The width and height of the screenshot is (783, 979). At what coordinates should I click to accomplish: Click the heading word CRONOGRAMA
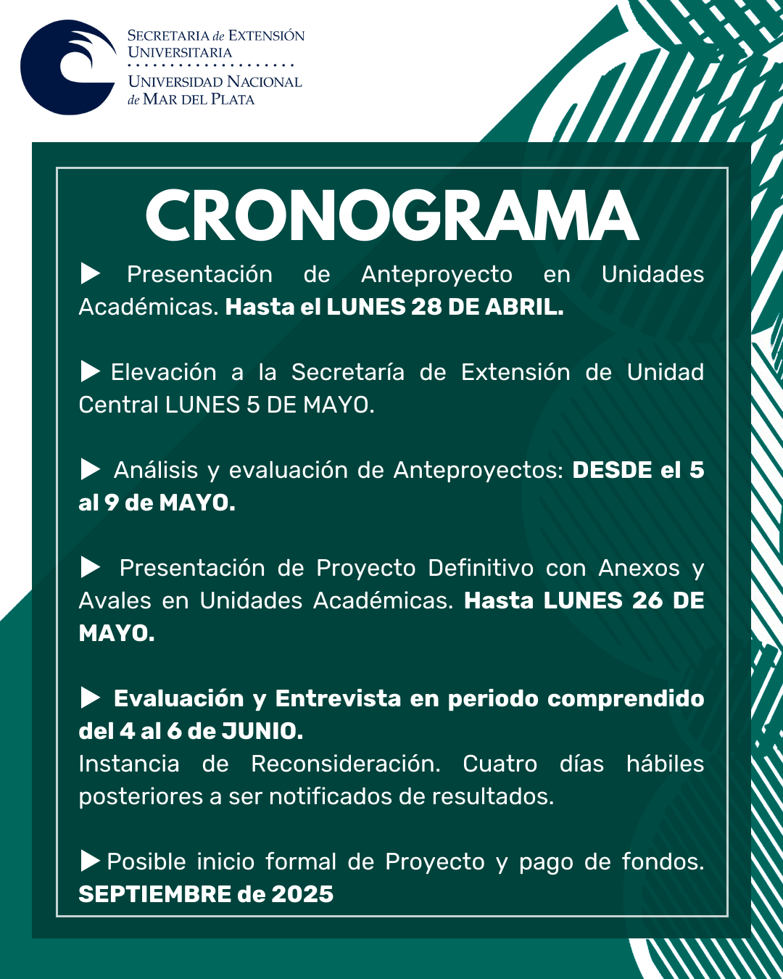click(391, 216)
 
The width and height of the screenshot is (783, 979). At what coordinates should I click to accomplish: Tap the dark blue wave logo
click(67, 67)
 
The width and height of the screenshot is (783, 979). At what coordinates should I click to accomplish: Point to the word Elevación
click(163, 372)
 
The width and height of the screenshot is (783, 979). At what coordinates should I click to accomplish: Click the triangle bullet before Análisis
click(90, 470)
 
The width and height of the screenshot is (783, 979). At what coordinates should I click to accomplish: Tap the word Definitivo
click(481, 568)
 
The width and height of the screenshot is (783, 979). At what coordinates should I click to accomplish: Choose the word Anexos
click(639, 568)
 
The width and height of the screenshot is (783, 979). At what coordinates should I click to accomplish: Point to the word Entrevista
click(338, 698)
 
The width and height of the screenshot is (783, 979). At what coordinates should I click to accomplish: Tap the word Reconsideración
click(345, 764)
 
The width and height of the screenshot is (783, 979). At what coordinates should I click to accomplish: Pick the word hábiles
click(665, 764)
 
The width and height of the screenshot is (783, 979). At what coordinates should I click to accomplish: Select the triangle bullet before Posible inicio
click(90, 862)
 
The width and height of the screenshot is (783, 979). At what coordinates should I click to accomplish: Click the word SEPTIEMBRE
click(154, 894)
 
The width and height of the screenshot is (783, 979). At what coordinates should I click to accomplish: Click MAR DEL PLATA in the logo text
click(199, 99)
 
